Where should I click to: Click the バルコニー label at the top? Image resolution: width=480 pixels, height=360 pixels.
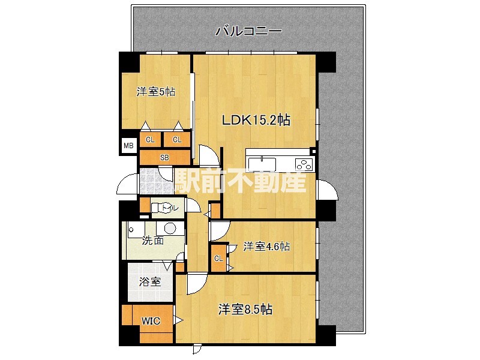248,31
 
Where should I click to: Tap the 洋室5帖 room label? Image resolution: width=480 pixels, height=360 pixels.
156,92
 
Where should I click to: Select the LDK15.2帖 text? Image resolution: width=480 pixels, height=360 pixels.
256,120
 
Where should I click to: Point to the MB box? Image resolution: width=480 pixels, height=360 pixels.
128,146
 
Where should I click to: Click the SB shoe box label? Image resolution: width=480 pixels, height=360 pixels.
164,158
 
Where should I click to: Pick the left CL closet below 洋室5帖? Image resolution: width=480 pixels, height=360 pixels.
149,140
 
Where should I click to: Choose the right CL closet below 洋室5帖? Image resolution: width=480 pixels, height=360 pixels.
177,140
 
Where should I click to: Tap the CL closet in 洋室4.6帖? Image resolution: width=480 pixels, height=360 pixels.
219,259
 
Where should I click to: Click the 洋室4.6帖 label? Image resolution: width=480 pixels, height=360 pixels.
267,246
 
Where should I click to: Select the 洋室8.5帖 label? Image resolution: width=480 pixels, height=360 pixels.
245,310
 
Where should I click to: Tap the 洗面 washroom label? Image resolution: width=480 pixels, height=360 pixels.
152,241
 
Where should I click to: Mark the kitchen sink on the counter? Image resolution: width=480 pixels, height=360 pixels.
262,164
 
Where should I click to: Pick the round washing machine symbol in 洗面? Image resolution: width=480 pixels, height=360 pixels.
170,228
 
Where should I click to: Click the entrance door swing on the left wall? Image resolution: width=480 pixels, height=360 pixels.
127,185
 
